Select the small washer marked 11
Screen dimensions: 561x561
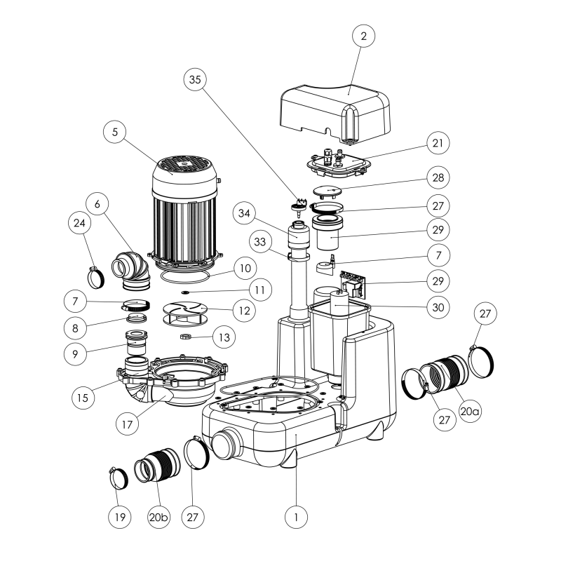coord(184,289)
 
